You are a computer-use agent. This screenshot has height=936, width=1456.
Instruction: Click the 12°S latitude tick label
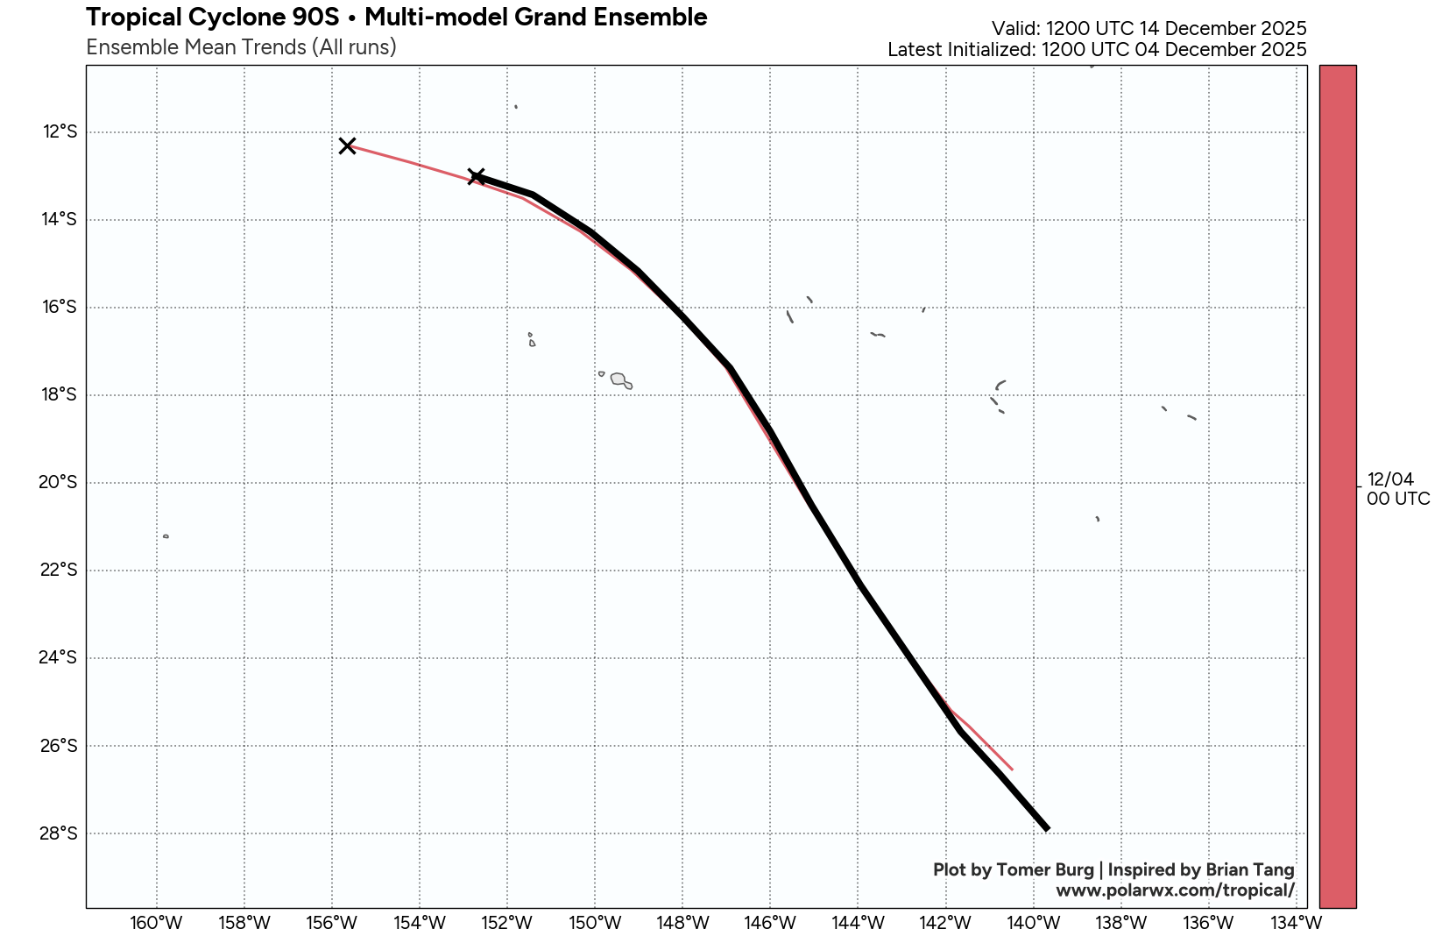coord(60,132)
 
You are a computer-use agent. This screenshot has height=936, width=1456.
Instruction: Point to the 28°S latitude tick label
coord(60,833)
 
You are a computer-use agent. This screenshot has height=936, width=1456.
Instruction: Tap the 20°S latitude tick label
coord(60,483)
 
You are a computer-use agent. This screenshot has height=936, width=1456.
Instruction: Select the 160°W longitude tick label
coord(156,923)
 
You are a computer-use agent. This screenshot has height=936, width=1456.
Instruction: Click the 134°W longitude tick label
coord(1296,923)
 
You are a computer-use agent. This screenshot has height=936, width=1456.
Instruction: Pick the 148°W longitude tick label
coord(682,923)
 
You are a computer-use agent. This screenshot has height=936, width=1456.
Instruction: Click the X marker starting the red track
coord(347,145)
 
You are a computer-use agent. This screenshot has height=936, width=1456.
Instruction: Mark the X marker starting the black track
coord(476,176)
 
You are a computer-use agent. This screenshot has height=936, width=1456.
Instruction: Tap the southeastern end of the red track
coord(1012,769)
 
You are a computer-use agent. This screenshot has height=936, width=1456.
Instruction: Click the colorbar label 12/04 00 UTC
coord(1397,489)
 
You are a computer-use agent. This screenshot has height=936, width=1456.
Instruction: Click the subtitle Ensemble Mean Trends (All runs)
coord(241,47)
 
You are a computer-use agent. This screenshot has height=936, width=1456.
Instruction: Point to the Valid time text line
coord(1149,29)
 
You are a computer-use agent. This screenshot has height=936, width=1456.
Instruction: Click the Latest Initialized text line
coord(1097,50)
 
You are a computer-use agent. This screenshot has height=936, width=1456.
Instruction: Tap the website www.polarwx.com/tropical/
coord(1175,890)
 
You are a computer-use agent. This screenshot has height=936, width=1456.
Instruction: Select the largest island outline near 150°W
coord(620,379)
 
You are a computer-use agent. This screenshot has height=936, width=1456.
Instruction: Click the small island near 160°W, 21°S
coord(166,536)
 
